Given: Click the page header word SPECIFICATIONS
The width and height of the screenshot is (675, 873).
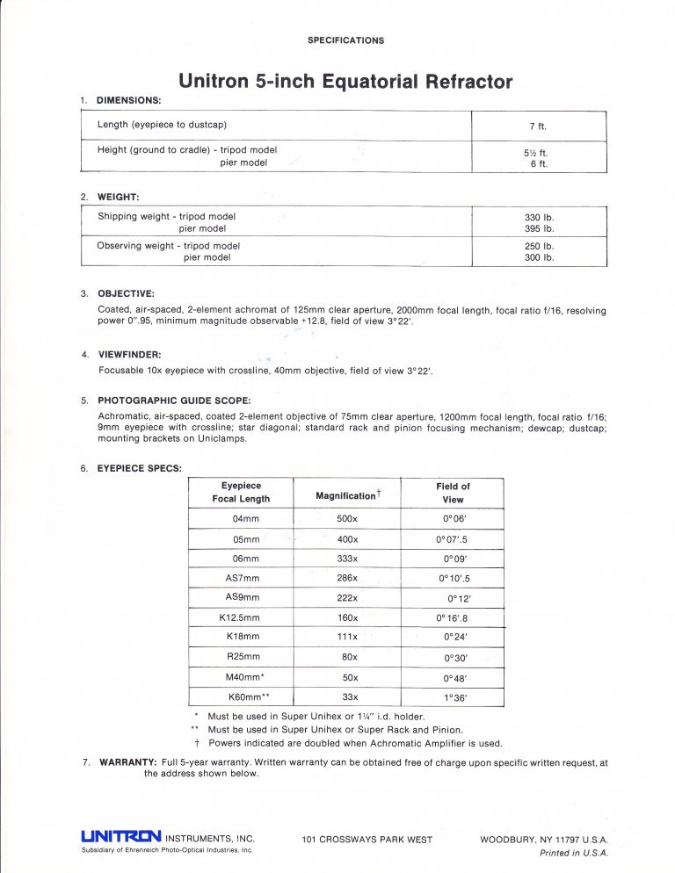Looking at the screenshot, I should click(345, 40).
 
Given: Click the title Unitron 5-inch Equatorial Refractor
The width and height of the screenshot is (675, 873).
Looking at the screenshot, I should click(345, 82).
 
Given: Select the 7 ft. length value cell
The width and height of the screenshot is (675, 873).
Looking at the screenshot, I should click(539, 126).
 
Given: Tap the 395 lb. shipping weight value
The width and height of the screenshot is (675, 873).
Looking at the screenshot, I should click(539, 228).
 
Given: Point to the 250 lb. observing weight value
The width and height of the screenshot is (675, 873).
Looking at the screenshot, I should click(539, 246).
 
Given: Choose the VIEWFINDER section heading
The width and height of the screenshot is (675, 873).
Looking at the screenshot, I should click(128, 355).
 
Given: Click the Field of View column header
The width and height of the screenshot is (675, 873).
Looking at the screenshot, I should click(453, 492).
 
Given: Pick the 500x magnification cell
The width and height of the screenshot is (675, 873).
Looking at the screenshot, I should click(346, 519).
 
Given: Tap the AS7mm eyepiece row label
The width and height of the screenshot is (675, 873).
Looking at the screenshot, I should click(242, 578).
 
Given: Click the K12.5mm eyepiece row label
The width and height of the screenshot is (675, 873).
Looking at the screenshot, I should click(242, 617).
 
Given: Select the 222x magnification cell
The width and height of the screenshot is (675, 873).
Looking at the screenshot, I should click(346, 597).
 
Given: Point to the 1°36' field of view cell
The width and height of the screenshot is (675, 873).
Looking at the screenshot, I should click(454, 697).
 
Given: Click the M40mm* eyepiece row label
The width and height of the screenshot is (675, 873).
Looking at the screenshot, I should click(242, 677).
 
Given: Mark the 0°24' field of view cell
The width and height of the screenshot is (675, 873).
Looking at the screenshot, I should click(454, 637).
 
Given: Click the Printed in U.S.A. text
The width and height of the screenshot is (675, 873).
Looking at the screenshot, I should click(573, 853).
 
